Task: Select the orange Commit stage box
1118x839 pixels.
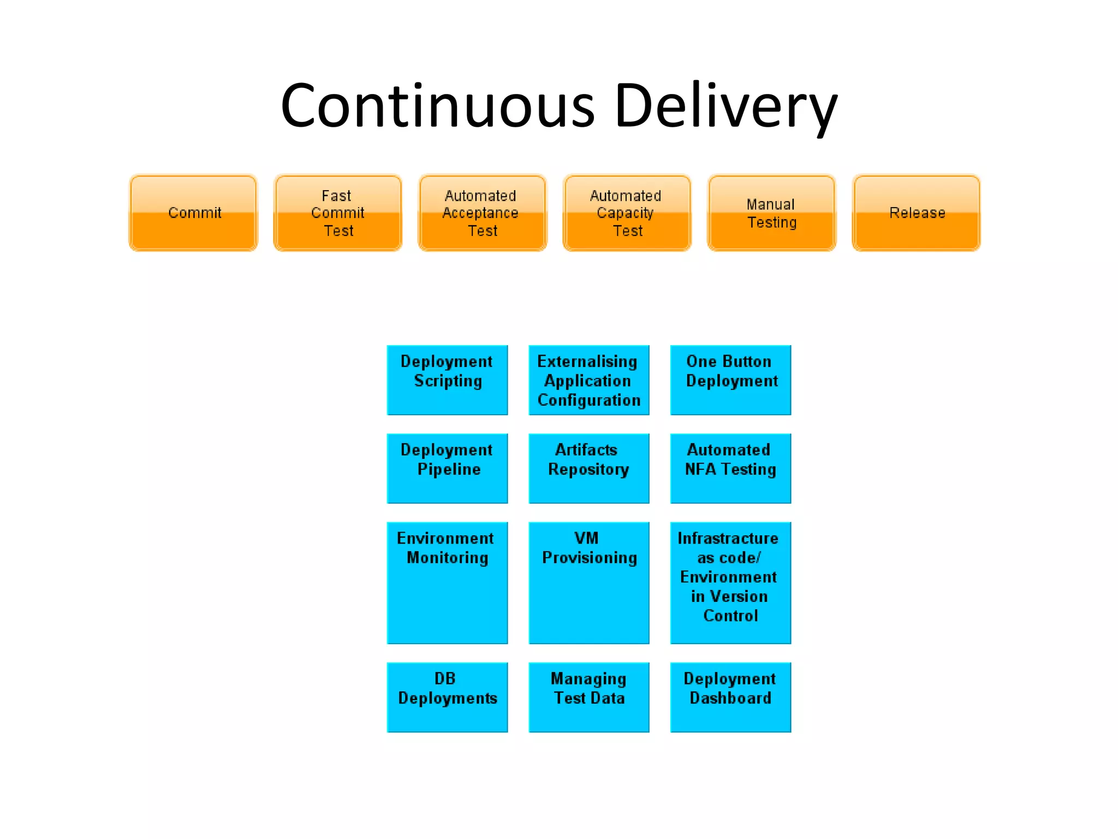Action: (193, 213)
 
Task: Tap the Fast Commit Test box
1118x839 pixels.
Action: (338, 213)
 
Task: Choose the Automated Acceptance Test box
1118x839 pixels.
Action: (483, 213)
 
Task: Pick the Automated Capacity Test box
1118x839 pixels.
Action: (627, 213)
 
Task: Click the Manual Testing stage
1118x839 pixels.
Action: (771, 213)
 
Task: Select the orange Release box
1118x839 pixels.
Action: (916, 213)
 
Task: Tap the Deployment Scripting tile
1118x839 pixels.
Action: (447, 380)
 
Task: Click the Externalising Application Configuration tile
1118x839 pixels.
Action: (588, 380)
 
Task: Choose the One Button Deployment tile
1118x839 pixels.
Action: (730, 380)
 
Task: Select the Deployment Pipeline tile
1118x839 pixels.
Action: (447, 468)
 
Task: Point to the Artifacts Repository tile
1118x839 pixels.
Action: (588, 468)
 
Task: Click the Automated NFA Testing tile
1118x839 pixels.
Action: (730, 468)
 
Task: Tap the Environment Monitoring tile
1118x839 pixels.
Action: (447, 582)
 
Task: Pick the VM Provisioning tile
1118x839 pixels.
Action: (588, 582)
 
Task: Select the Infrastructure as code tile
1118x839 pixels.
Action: (730, 582)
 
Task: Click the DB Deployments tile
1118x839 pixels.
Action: (447, 697)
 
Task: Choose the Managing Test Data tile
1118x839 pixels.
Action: (588, 697)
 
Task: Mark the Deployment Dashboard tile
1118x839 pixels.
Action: (730, 697)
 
